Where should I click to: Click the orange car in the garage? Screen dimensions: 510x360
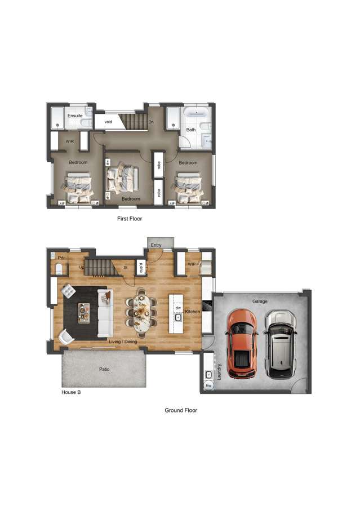coord(242,344)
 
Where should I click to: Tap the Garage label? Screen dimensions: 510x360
coord(260,301)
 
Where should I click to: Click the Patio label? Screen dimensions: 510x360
coord(104,370)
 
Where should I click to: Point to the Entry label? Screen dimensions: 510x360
coord(155,245)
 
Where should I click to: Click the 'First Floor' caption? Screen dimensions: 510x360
coord(130,218)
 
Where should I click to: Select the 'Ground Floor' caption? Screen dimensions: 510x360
coord(180,410)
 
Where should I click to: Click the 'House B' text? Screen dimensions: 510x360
coord(71,392)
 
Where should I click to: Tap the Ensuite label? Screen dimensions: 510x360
coord(75,116)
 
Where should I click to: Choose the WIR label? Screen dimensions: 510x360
coord(70,141)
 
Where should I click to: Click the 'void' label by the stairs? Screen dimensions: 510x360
coord(108,122)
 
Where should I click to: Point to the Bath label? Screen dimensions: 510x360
coord(191,130)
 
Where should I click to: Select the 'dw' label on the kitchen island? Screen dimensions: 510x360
coord(178,308)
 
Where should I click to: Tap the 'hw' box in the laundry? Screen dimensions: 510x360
coord(208,385)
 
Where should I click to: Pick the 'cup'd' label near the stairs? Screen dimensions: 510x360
coord(140,269)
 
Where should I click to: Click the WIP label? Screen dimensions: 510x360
coord(192,264)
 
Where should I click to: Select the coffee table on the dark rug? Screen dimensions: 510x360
coord(84,313)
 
